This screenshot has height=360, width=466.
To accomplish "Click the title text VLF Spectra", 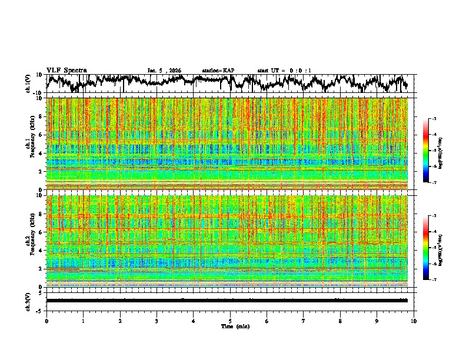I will [66, 70].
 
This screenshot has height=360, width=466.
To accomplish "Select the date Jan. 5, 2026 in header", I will [164, 71].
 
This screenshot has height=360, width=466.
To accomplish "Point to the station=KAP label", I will [218, 71].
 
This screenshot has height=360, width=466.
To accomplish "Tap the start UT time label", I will [284, 71].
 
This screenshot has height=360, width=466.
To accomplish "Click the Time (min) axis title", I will [234, 326].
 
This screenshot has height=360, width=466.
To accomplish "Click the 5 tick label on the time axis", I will [230, 321].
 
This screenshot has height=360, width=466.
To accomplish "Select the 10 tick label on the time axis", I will [414, 321].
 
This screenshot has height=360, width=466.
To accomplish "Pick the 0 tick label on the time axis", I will [46, 321].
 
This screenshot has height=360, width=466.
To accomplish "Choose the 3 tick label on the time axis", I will [157, 321].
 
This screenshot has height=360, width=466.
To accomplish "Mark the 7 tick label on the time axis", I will [304, 321].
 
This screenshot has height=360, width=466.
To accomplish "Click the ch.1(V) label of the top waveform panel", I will [28, 84].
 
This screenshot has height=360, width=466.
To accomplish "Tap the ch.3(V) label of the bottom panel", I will [28, 301].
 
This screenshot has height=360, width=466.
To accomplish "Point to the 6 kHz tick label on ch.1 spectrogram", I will [41, 135].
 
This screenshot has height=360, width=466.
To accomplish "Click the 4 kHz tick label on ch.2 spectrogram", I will [41, 250].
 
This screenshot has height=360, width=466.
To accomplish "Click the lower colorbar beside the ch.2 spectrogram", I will [431, 248].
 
